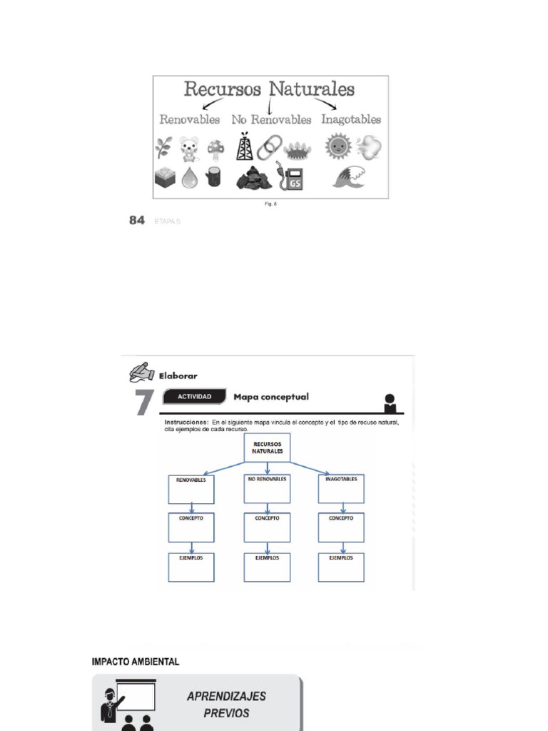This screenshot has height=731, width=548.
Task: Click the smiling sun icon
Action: [x=337, y=147]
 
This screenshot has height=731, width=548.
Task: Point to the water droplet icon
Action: [x=189, y=177]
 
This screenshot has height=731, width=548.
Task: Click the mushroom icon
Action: [x=215, y=148]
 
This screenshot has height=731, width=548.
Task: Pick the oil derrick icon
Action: [x=245, y=147]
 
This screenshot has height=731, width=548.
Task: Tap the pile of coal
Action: [x=253, y=178]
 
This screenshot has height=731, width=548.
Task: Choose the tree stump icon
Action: [x=213, y=176]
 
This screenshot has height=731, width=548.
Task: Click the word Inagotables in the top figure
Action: [x=351, y=119]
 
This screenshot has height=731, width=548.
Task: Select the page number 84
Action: [x=137, y=221]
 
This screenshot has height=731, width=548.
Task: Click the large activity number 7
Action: [x=143, y=403]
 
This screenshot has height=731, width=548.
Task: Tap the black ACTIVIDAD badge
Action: [x=194, y=397]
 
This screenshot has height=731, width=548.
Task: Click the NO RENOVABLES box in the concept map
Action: [x=268, y=488]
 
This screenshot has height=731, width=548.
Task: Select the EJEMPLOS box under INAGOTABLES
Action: [x=341, y=567]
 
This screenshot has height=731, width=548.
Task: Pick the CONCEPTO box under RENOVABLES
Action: [x=191, y=527]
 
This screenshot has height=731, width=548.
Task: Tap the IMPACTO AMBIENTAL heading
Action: [x=136, y=662]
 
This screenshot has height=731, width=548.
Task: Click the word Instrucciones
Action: [x=186, y=423]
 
